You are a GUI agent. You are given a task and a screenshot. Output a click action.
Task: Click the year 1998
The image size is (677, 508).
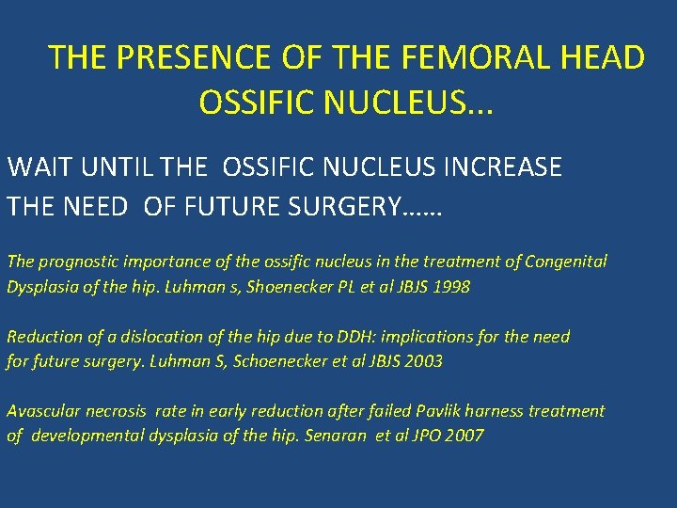449,287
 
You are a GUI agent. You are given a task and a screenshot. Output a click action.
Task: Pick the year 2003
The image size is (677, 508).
422,360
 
